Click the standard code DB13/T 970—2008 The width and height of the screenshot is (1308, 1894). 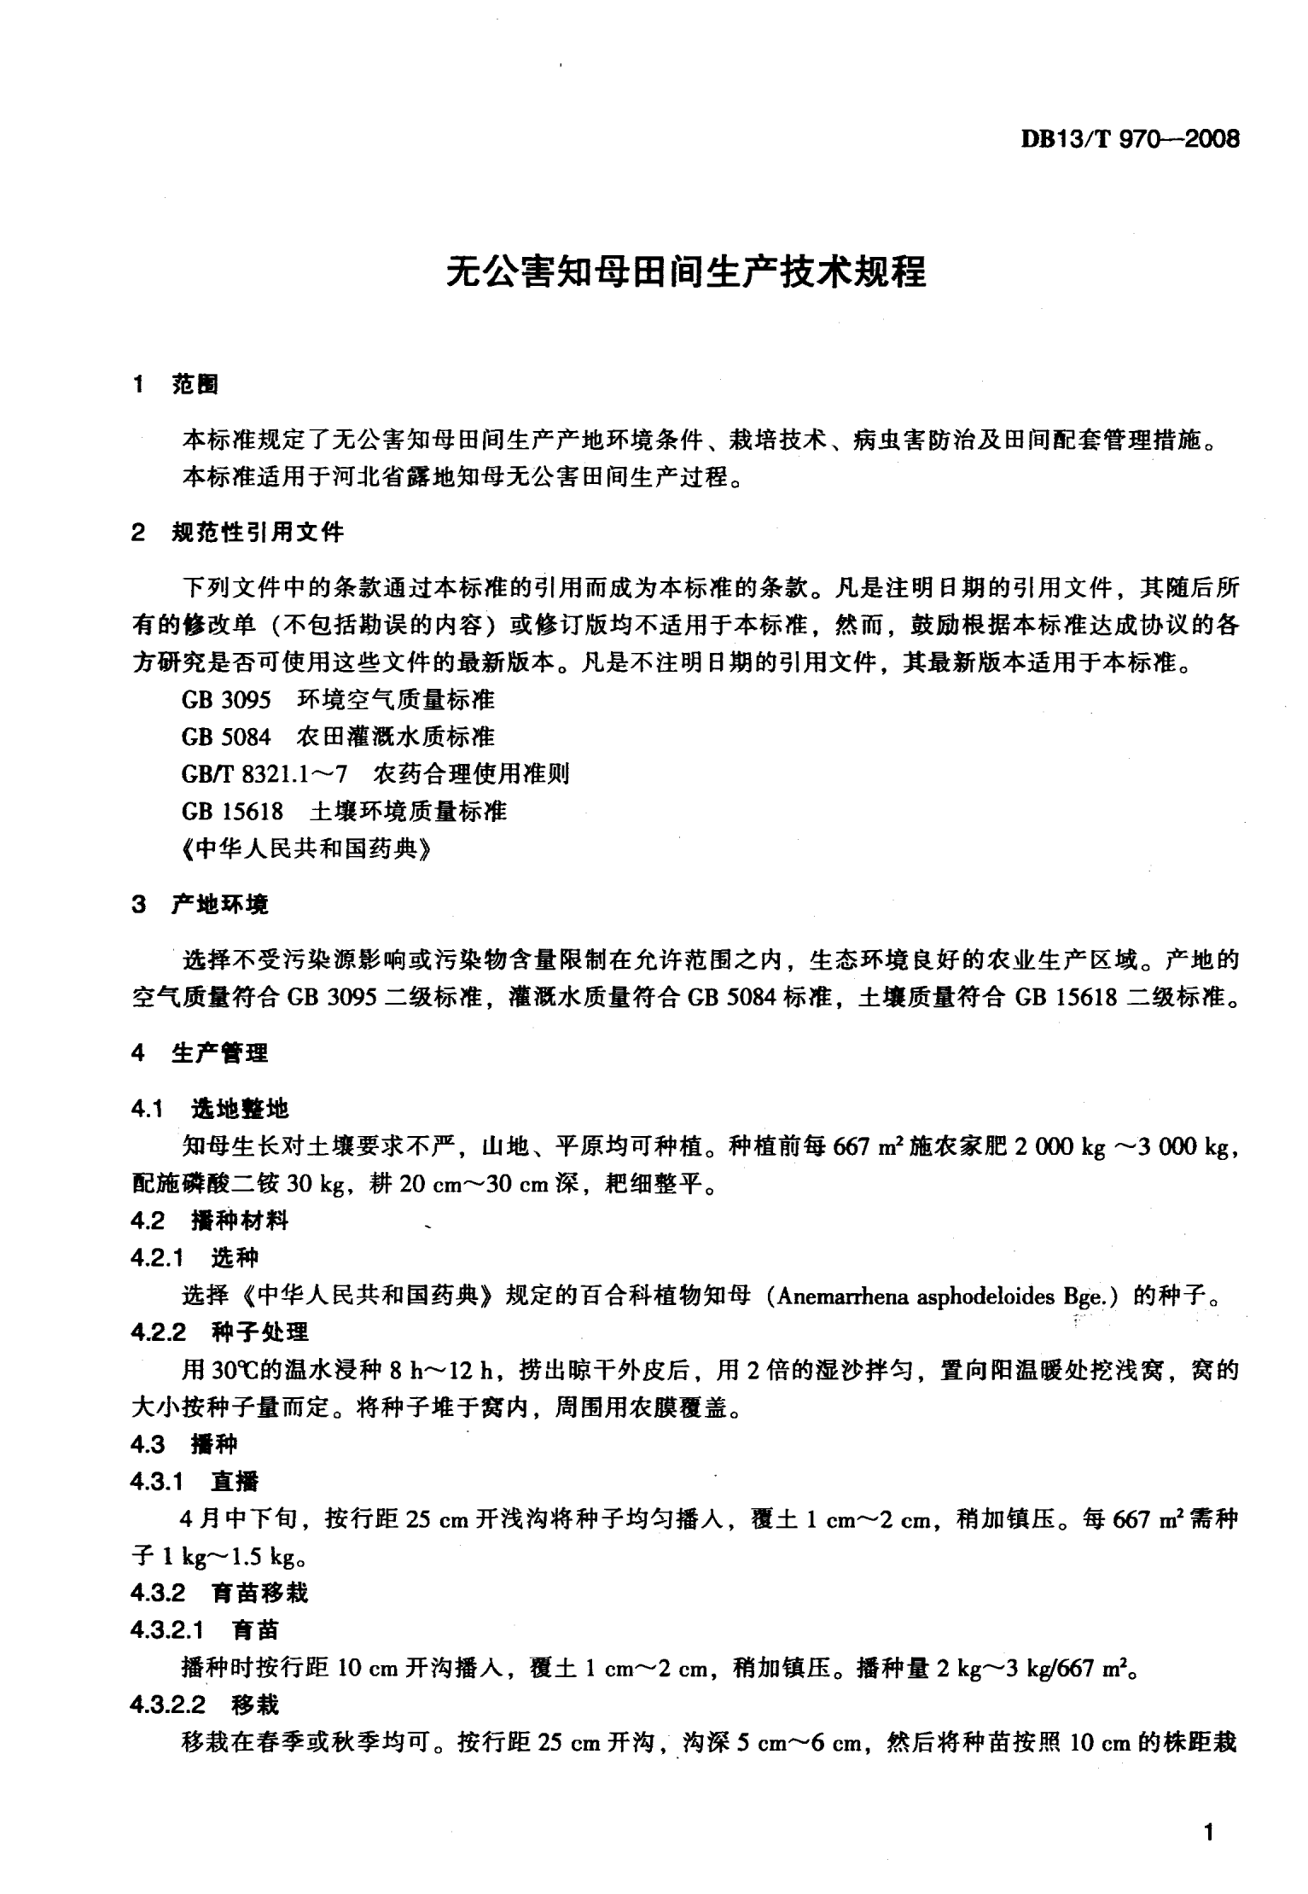pos(1130,139)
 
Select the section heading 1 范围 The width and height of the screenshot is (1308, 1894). pos(176,385)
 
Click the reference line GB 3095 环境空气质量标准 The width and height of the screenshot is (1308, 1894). pos(338,700)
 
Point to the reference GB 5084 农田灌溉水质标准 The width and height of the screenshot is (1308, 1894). pos(338,737)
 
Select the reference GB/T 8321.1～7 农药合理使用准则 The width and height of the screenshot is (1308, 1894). pos(375,774)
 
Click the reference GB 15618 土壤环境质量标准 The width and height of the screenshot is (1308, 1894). pos(344,811)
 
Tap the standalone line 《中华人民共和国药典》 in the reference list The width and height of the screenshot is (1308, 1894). pos(304,848)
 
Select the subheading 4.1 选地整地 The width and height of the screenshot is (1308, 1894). pos(211,1109)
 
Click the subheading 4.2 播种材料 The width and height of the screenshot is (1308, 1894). pos(211,1221)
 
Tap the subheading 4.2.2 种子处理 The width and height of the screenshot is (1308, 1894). pos(220,1332)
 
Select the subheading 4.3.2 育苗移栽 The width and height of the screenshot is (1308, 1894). pos(220,1593)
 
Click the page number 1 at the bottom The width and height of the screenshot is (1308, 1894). pos(1206,1833)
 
